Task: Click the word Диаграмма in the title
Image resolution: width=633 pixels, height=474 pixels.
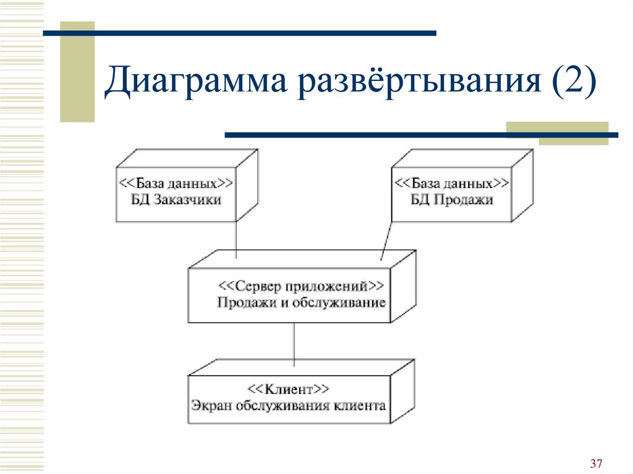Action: click(196, 81)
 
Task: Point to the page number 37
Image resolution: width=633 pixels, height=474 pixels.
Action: click(596, 463)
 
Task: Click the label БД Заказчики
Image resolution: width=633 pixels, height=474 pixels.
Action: click(176, 200)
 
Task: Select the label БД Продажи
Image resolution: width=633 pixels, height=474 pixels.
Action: click(452, 200)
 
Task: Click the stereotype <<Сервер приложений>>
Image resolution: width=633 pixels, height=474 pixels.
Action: click(301, 286)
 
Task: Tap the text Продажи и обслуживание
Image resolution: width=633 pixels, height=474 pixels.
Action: click(301, 302)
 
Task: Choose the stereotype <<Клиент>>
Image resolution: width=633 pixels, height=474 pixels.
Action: click(288, 389)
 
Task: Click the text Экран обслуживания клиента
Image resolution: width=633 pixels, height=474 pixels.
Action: click(288, 405)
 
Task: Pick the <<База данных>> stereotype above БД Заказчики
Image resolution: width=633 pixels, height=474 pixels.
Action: click(176, 184)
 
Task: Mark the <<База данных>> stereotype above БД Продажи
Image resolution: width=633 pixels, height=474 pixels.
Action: click(452, 184)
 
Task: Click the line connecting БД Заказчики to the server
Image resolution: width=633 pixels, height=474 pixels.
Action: click(236, 240)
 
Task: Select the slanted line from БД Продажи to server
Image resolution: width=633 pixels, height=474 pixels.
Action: click(386, 240)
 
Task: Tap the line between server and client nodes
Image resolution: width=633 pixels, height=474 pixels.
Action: click(294, 344)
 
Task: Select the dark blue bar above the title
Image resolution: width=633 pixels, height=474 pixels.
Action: click(240, 33)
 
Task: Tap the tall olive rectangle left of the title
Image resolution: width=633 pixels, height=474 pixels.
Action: click(77, 72)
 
